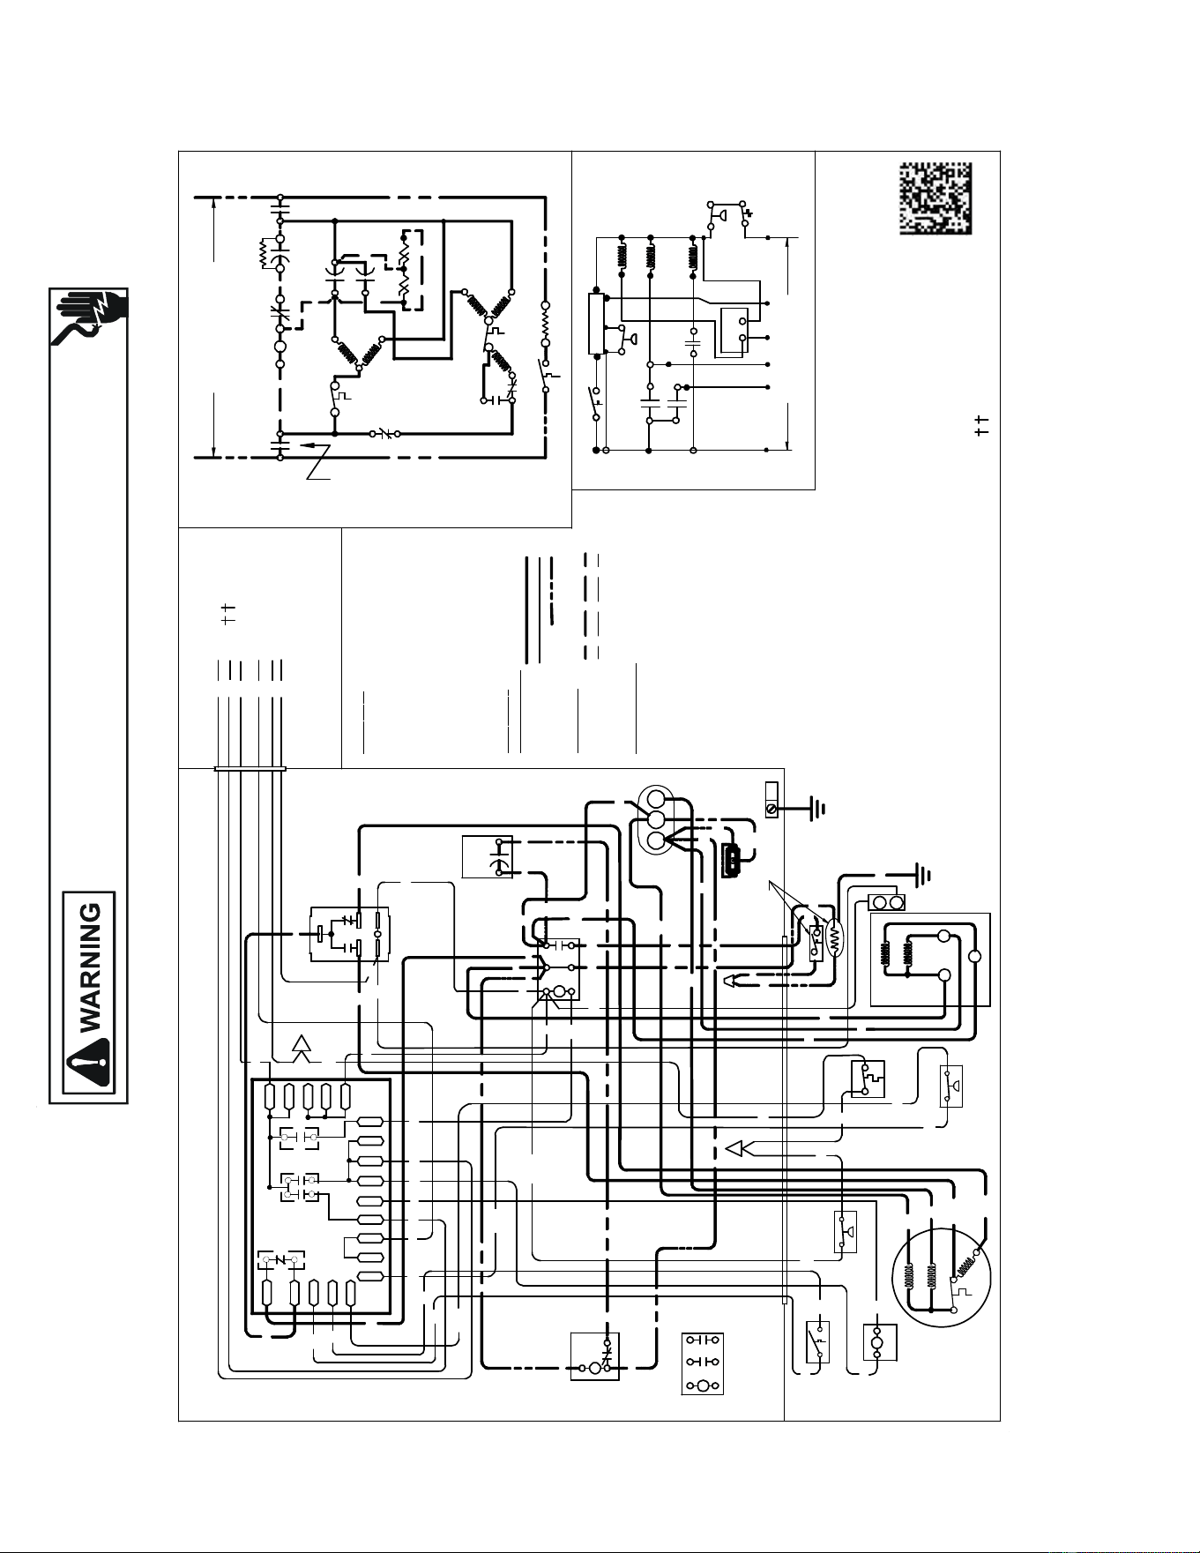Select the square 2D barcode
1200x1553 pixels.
coord(935,198)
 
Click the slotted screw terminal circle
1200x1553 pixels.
coord(771,807)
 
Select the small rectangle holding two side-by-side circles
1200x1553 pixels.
coord(888,902)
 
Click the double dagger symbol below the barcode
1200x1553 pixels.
coord(982,424)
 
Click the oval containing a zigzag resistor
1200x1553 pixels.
coord(834,940)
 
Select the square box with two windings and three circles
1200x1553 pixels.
coord(930,959)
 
